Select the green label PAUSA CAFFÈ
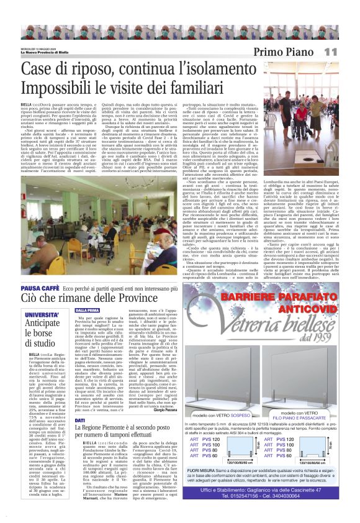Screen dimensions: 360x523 40,288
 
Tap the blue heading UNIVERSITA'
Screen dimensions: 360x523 42,314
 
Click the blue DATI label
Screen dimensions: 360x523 80,421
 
